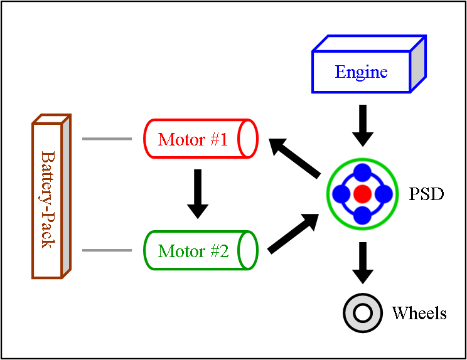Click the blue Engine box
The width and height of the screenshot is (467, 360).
point(362,72)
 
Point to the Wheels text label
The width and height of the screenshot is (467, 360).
point(419,313)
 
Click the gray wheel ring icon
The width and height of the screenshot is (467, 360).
point(363,312)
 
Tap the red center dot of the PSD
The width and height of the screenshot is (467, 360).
point(362,194)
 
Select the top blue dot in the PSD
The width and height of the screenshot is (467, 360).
point(362,173)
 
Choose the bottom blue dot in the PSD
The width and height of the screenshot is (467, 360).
point(362,215)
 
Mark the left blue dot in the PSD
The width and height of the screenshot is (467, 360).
point(341,194)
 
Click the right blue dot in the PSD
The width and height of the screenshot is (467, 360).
point(384,194)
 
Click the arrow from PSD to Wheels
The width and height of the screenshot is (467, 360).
point(362,263)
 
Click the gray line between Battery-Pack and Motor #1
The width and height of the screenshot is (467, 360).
point(107,139)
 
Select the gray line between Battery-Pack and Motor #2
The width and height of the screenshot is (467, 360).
point(107,251)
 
